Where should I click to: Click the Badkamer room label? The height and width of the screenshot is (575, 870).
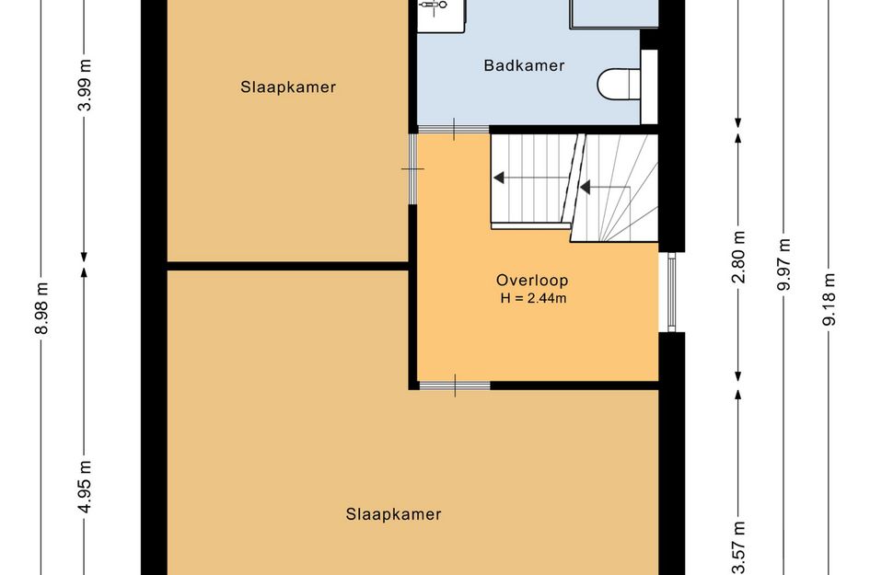pos(524,65)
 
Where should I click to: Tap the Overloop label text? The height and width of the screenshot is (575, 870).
pos(532,281)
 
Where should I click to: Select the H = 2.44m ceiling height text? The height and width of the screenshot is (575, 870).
pos(533,298)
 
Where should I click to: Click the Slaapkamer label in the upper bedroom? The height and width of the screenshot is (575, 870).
pos(288,87)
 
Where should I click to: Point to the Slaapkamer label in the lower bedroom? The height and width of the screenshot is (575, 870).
pos(393,514)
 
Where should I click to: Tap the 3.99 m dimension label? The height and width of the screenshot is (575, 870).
pos(85,85)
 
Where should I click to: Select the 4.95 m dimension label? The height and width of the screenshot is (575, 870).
pos(85,487)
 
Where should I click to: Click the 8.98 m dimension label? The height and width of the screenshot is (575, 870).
pos(41,308)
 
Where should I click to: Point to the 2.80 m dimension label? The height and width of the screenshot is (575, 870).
pos(738,258)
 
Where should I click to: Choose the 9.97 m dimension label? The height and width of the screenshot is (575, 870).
pos(783,264)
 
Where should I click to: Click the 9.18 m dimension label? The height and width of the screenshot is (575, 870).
pos(829,299)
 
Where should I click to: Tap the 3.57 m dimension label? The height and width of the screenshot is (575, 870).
pos(738,547)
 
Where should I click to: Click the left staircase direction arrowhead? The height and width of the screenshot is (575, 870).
pos(499,178)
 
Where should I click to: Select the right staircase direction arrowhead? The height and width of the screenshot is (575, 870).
pos(585,188)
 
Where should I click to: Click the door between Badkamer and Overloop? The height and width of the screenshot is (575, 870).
pos(453,129)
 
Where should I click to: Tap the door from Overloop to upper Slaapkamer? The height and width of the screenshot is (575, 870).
pos(412,168)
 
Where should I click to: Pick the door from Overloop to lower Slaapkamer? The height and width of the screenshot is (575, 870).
pos(455,385)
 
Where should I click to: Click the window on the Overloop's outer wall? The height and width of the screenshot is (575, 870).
pos(671,293)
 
